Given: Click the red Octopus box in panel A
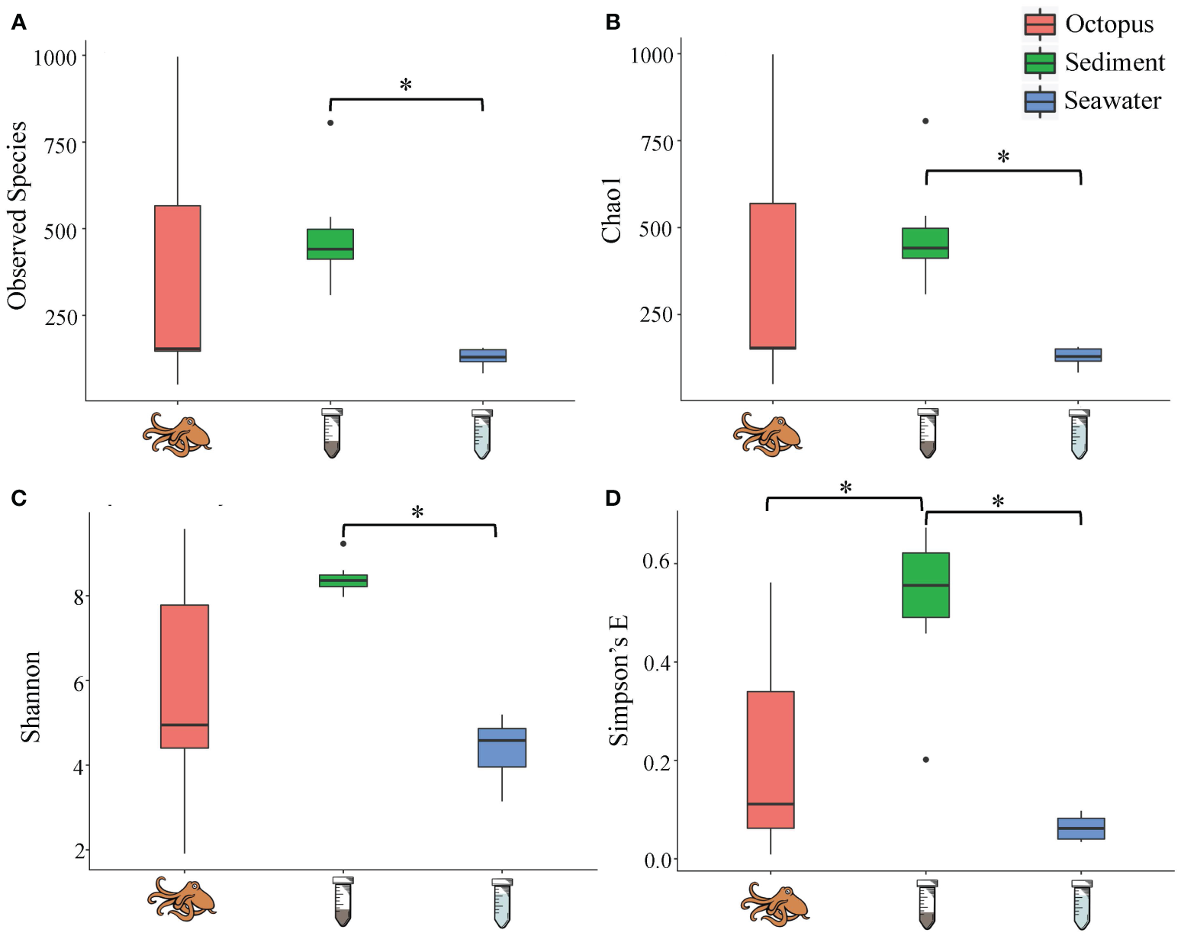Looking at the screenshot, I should point(177,278).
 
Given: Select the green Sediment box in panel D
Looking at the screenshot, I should point(925,584).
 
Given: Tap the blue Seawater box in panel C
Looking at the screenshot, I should point(501,748).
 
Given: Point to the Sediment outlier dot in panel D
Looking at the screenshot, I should point(925,760).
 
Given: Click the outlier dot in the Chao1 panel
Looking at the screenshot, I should point(925,121).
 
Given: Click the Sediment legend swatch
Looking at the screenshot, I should point(1040,63).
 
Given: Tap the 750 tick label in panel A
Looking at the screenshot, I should point(60,145).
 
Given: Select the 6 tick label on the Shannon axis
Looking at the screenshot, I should point(79,684).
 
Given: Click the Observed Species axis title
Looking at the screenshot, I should point(17,215).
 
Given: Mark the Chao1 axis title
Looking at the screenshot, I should point(612,211).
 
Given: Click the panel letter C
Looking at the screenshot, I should point(18,498).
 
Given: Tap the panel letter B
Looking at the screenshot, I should point(613,22).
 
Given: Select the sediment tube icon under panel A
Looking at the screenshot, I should point(331,433).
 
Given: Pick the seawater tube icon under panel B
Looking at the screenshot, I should point(1079,433).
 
